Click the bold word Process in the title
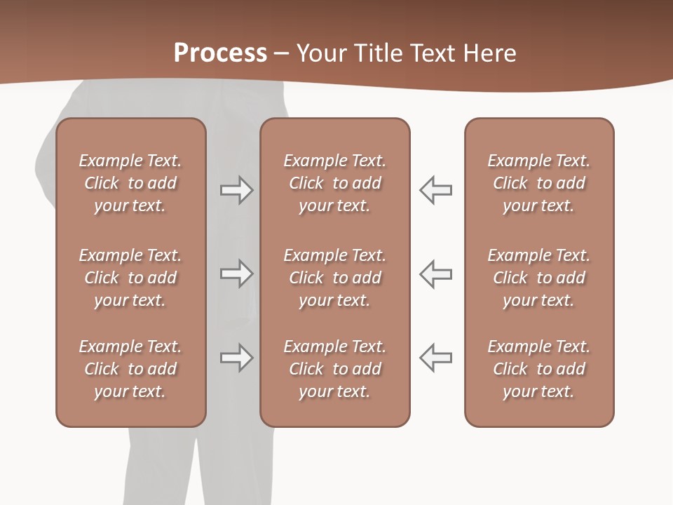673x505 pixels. pos(220,53)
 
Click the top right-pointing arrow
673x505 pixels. pos(236,190)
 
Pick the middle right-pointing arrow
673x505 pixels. pos(236,274)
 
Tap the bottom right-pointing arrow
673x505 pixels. pos(236,358)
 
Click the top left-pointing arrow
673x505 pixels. pos(436,190)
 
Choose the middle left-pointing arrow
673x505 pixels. pos(436,274)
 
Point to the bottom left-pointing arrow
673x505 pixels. pos(436,358)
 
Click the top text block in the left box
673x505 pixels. pos(130,183)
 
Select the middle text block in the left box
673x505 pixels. pos(130,278)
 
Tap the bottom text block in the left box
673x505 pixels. pos(130,369)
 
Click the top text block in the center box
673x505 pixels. pos(334,183)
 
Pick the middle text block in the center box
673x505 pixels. pos(334,278)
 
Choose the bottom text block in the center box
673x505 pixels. pos(334,369)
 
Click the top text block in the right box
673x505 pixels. pos(538,183)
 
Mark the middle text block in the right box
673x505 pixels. pos(538,278)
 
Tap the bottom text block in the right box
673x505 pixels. pos(538,369)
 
